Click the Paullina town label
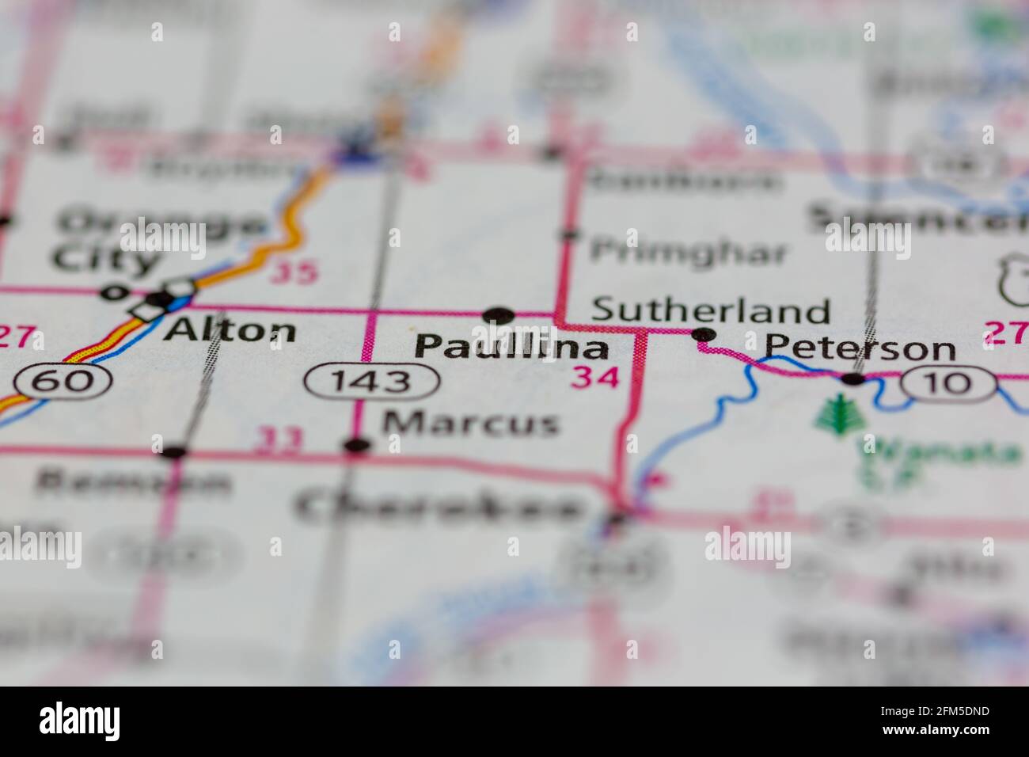[x=511, y=347]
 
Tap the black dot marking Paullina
[x=499, y=315]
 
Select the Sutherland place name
[x=711, y=310]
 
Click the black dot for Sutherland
[x=704, y=335]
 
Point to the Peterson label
[x=860, y=348]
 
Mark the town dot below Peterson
[x=853, y=379]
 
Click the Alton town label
[x=230, y=329]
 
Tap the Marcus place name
[x=470, y=423]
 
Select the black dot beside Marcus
[x=358, y=446]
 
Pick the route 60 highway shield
[x=66, y=382]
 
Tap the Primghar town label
[x=689, y=253]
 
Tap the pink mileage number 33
[x=278, y=440]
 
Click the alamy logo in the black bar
[x=80, y=721]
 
